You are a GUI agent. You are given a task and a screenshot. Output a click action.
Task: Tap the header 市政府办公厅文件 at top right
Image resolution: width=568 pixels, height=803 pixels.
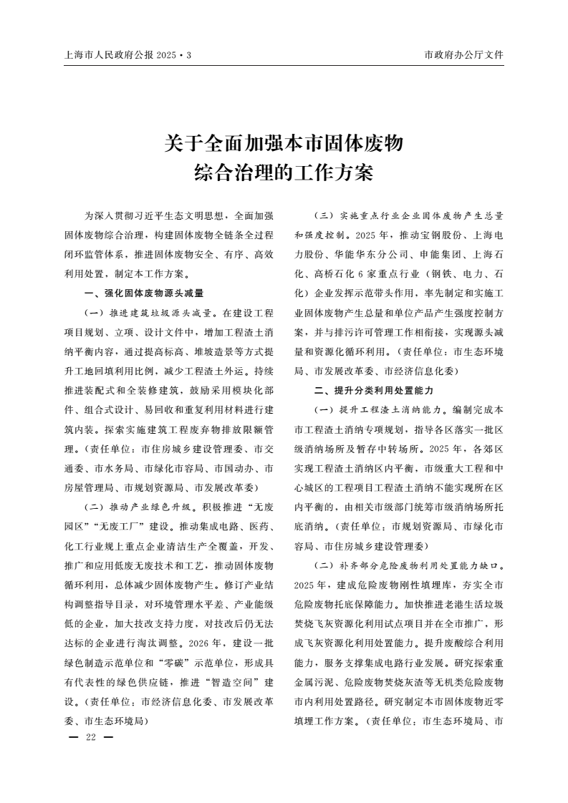click(x=464, y=54)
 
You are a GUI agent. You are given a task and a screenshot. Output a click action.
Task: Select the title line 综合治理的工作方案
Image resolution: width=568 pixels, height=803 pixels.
click(x=284, y=173)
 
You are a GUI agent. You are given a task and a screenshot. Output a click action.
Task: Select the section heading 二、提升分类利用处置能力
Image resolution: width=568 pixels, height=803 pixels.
click(x=373, y=391)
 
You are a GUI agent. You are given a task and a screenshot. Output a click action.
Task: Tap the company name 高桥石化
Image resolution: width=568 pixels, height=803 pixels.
click(x=334, y=273)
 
